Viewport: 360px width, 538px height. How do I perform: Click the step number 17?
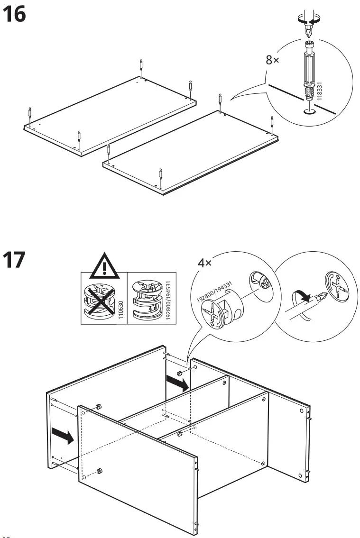pos(14,261)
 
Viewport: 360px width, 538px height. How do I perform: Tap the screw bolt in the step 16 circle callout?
pos(309,71)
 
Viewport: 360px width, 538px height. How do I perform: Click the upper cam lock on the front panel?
pos(99,406)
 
